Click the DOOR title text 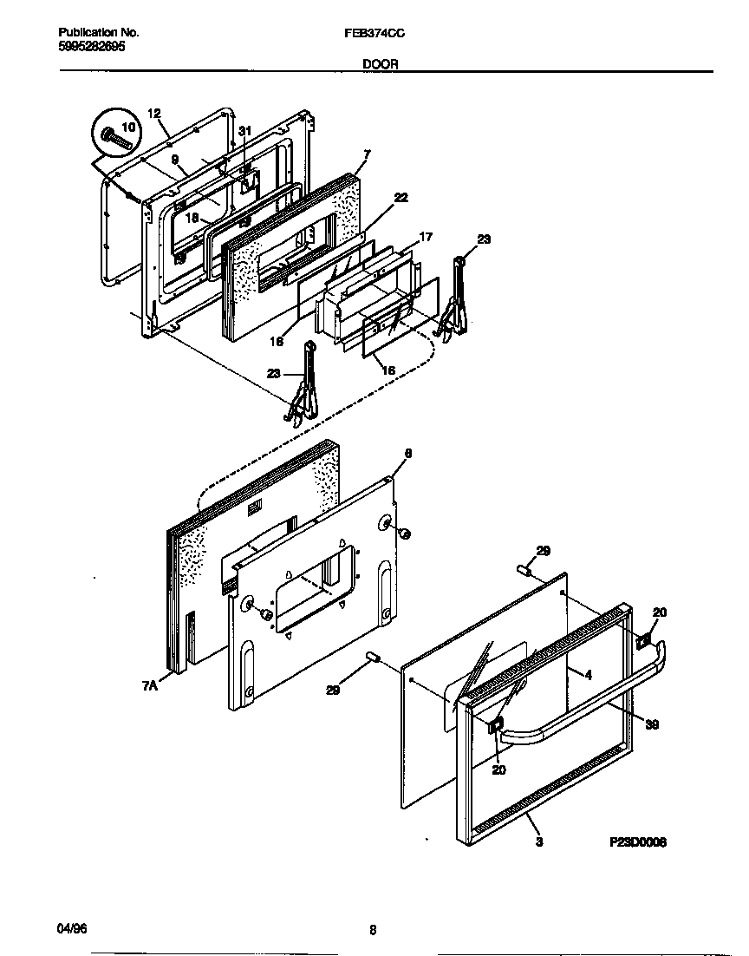point(375,63)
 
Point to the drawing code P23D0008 point(639,841)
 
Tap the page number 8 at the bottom point(373,930)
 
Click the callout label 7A point(150,685)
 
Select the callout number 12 point(154,114)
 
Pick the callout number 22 point(400,198)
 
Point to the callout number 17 point(426,236)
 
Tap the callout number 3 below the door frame point(539,841)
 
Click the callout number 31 point(245,131)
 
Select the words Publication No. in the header point(91,32)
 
